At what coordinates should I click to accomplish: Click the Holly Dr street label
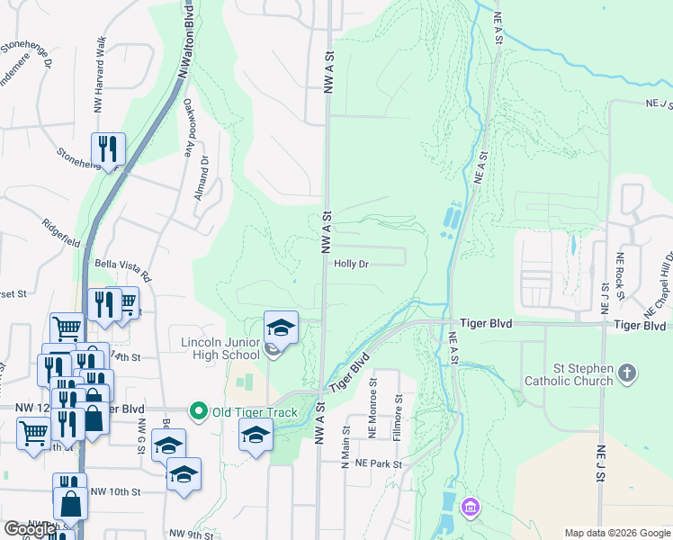(x=352, y=264)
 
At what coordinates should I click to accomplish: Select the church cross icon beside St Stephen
(x=628, y=371)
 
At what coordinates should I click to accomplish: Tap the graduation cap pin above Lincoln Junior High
(x=281, y=328)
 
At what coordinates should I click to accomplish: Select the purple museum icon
(x=470, y=509)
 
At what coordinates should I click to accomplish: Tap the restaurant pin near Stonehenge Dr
(x=108, y=149)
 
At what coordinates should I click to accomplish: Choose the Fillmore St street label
(x=396, y=422)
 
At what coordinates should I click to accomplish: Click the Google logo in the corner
(x=30, y=529)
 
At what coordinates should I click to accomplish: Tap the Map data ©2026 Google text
(x=616, y=533)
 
